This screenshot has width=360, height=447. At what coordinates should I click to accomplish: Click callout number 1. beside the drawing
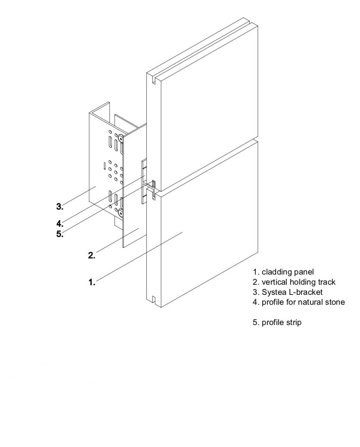click(x=91, y=282)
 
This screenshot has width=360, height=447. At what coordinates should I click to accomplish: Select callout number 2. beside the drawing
click(x=91, y=255)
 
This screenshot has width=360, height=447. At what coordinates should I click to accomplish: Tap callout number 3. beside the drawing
click(x=60, y=206)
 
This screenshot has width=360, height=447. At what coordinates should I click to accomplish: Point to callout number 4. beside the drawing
click(x=60, y=224)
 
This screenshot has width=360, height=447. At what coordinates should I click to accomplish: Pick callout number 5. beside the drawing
click(x=60, y=235)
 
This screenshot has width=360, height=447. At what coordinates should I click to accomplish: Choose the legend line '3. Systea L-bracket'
click(x=288, y=292)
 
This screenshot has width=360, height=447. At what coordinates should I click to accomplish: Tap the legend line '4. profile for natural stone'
click(x=299, y=302)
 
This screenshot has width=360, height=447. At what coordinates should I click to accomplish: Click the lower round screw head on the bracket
click(x=121, y=213)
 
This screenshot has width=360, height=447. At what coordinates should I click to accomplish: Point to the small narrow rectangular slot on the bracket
click(x=104, y=165)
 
